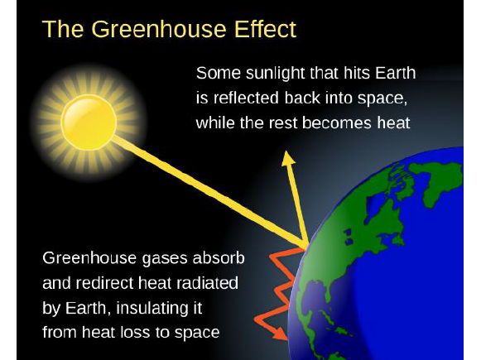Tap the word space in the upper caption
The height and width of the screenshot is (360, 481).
383,99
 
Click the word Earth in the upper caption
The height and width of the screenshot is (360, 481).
397,74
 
